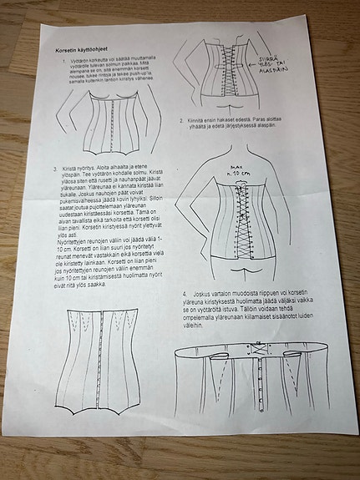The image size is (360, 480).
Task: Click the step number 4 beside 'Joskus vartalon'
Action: click(184, 295)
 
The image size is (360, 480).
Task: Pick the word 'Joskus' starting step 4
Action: click(200, 295)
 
